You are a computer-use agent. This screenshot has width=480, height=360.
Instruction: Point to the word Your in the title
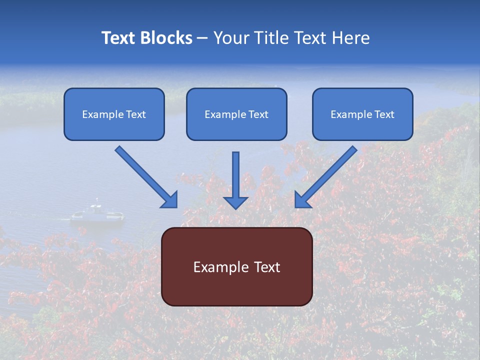pyautogui.click(x=231, y=38)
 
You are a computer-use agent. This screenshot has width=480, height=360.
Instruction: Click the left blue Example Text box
pyautogui.click(x=114, y=114)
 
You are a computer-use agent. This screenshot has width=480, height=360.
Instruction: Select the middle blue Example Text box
pyautogui.click(x=236, y=114)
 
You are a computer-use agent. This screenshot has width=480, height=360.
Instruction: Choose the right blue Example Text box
pyautogui.click(x=362, y=114)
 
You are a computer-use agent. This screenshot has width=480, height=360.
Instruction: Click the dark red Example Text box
pyautogui.click(x=236, y=267)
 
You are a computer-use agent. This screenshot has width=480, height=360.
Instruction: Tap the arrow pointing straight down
pyautogui.click(x=235, y=177)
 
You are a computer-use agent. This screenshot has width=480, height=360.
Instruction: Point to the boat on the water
pyautogui.click(x=97, y=213)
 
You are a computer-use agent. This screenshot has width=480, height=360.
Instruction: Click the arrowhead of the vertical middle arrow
pyautogui.click(x=235, y=202)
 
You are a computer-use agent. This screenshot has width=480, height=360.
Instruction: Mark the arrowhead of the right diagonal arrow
pyautogui.click(x=302, y=200)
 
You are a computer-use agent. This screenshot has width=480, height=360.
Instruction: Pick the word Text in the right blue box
pyautogui.click(x=384, y=114)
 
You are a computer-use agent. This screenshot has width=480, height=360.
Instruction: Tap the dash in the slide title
pyautogui.click(x=203, y=38)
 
